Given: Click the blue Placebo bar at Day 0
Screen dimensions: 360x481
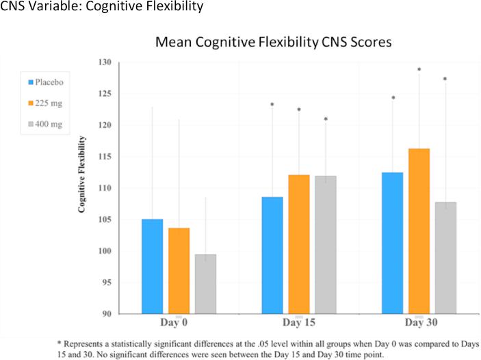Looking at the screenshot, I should click(x=152, y=266).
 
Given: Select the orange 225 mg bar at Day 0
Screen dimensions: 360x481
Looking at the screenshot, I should click(x=179, y=270).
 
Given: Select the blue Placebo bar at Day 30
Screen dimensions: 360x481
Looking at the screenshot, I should click(x=392, y=243).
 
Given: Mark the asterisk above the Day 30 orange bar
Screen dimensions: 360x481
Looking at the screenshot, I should click(x=419, y=69).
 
